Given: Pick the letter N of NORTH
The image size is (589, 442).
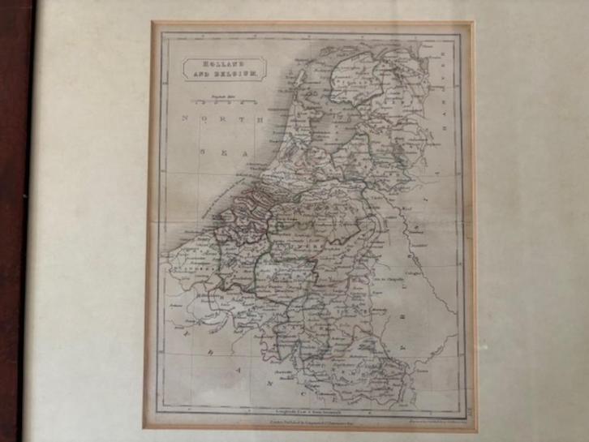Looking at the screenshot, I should click(x=184, y=119).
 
